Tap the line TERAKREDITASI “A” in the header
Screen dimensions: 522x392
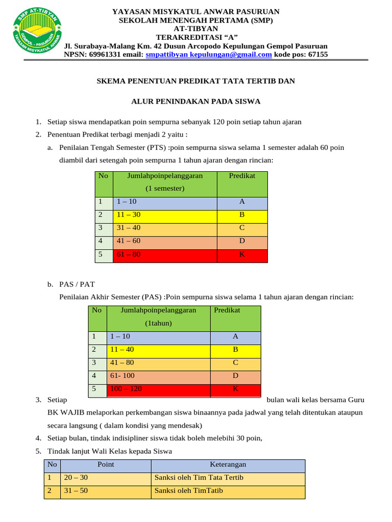(196, 37)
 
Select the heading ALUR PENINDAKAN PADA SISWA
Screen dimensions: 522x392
(196, 101)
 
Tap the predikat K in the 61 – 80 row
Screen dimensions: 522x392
(242, 254)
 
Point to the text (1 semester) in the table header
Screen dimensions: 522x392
(165, 188)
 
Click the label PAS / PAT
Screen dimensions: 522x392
(77, 284)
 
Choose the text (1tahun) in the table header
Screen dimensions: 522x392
(159, 323)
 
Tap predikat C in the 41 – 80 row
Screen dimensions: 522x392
(235, 363)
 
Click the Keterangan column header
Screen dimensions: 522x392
(228, 464)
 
